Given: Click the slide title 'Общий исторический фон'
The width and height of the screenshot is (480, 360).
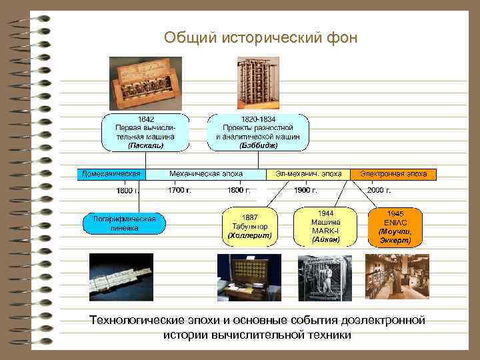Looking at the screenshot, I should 261,38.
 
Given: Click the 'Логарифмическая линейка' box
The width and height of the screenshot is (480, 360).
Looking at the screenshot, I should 124,223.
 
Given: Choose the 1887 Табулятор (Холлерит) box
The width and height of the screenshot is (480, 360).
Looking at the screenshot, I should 249,226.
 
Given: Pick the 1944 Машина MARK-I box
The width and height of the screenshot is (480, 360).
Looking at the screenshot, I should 325,226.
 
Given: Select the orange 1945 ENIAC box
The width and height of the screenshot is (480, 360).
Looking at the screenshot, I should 395,226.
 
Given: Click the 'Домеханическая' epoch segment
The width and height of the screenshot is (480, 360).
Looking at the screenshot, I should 111,174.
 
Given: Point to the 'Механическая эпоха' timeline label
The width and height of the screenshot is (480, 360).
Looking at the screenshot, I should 206,174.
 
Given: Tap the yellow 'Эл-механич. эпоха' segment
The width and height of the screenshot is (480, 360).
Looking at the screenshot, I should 308,174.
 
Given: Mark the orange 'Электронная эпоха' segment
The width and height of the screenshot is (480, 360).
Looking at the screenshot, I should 394,174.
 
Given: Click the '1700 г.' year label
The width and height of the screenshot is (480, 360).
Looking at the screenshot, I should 179,190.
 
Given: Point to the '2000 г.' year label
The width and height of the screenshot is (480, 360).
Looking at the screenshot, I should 379,190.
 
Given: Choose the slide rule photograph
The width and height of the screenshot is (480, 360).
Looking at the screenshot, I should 121,277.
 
